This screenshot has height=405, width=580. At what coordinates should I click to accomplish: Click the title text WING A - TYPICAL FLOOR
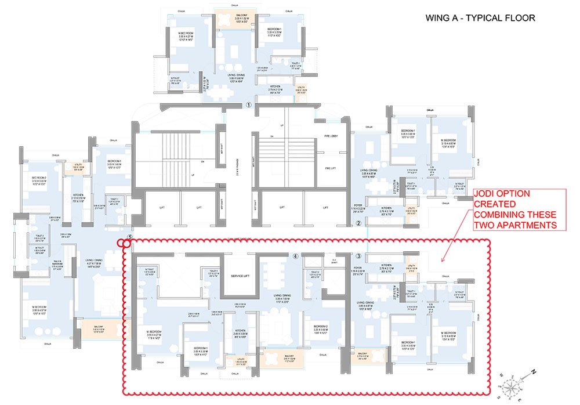point(480,18)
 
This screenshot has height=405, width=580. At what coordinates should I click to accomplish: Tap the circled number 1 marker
point(248,106)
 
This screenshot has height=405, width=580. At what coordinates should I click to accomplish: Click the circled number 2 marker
point(358,223)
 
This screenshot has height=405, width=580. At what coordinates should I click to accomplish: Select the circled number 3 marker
point(358,256)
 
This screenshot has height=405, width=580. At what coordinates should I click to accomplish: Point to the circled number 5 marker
point(130,238)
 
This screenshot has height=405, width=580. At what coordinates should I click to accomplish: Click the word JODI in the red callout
point(485,193)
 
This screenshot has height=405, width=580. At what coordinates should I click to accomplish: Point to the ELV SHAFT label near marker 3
point(333,261)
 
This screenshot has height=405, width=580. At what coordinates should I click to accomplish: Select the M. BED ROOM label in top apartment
point(182,35)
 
